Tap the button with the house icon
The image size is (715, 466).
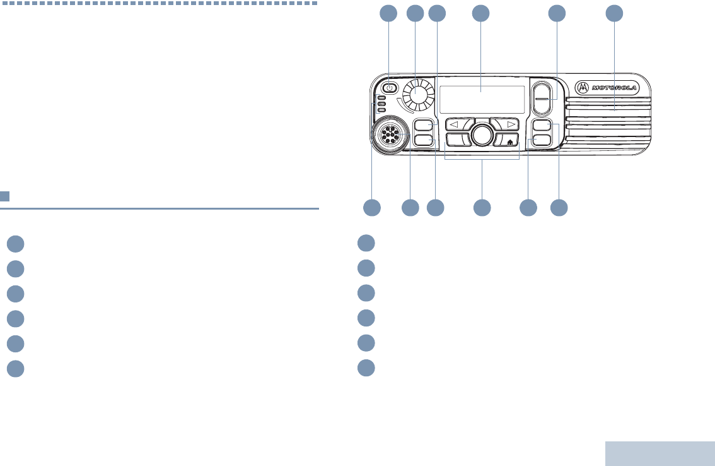[507, 140]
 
